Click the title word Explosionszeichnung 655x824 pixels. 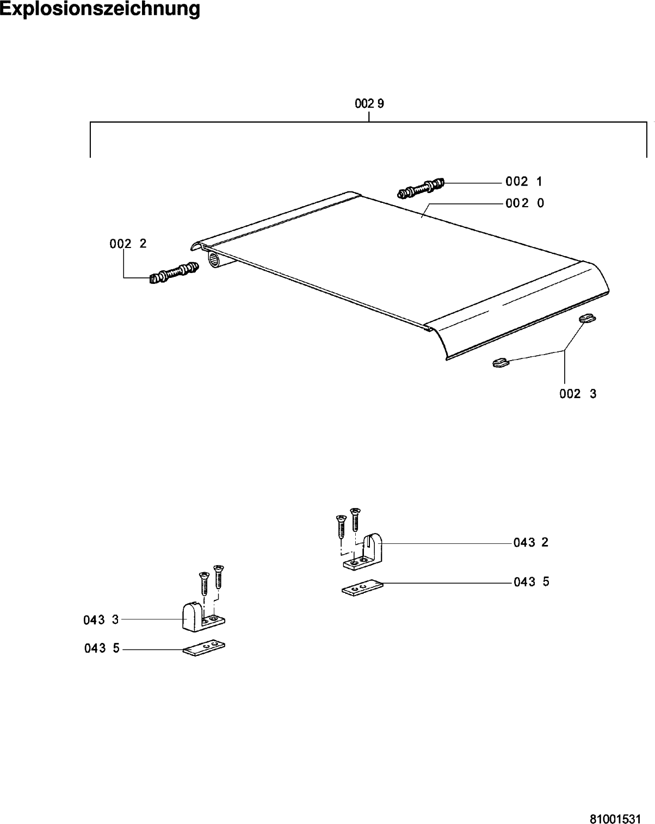point(100,9)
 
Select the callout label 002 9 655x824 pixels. point(369,103)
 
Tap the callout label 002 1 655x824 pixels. point(524,182)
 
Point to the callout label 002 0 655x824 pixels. point(524,203)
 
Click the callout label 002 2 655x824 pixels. point(128,244)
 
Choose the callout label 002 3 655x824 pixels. point(578,394)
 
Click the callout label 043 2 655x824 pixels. point(531,542)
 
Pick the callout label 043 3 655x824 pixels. point(101,619)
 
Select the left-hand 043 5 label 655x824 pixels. point(102,648)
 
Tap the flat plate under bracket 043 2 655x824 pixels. point(362,588)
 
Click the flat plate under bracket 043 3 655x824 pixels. point(204,647)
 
